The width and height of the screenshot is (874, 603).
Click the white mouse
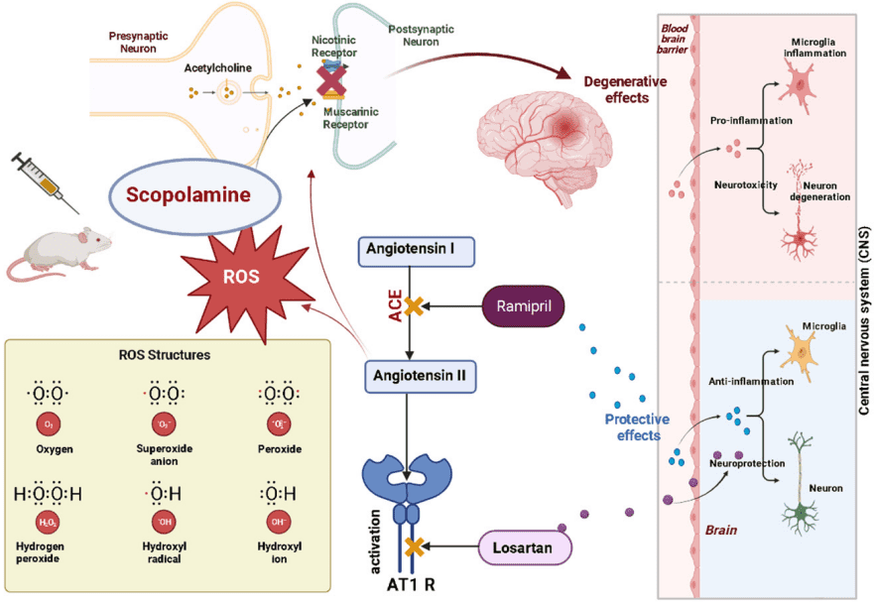pyautogui.click(x=60, y=253)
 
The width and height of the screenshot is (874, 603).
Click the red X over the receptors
pyautogui.click(x=329, y=78)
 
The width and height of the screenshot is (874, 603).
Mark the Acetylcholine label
pyautogui.click(x=218, y=68)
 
